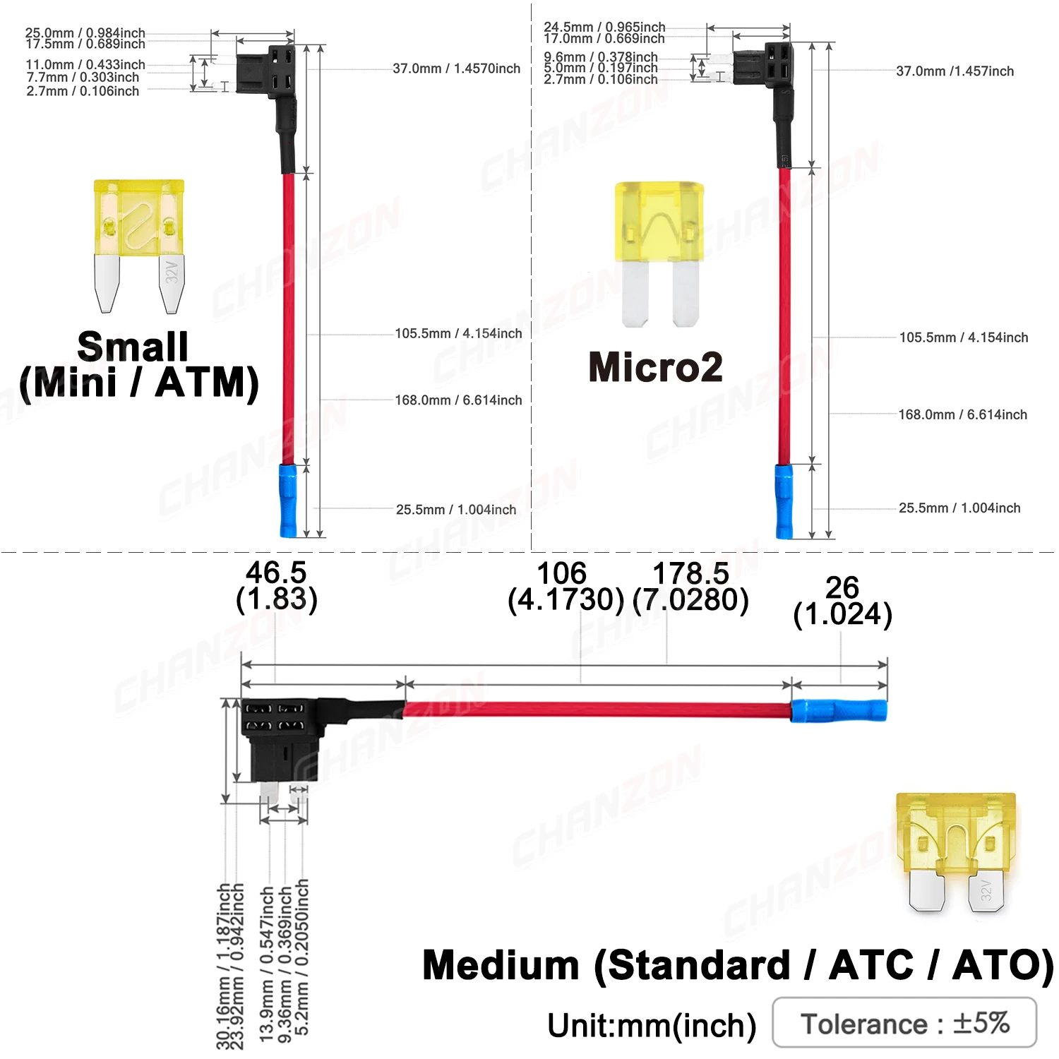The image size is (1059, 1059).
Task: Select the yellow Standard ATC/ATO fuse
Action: [957, 851]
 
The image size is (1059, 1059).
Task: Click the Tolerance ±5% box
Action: [904, 1022]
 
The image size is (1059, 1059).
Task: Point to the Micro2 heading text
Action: [655, 367]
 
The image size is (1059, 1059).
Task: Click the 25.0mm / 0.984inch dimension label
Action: [85, 32]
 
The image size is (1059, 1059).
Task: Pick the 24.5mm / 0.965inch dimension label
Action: [604, 27]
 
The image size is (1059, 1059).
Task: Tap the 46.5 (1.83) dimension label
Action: [276, 586]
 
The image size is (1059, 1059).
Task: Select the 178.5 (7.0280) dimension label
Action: [690, 587]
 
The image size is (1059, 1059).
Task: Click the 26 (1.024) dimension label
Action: [842, 601]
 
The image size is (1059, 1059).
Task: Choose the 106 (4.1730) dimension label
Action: [565, 587]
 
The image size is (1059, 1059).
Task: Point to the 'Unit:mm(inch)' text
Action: [651, 1025]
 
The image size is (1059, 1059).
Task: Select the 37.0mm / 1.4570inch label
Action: [456, 68]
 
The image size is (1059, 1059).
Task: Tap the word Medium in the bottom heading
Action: [501, 965]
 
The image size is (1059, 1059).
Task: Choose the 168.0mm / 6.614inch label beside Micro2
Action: [962, 414]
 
